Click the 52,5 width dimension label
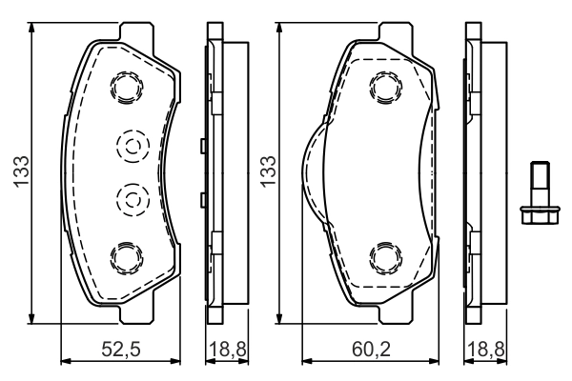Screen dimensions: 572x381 [121, 350]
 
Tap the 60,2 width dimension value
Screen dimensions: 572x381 [371, 350]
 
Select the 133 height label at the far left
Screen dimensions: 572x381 [21, 172]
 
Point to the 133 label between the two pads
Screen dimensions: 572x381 [268, 172]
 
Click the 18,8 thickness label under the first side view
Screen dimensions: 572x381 [228, 350]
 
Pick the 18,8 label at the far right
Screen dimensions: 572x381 [486, 350]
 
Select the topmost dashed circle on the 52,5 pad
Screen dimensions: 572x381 [127, 88]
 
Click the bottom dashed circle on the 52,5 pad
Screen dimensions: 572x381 [127, 257]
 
